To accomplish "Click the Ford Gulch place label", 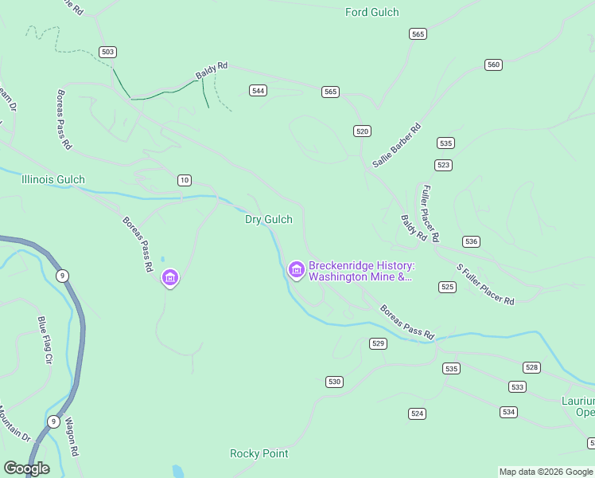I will pyautogui.click(x=371, y=12).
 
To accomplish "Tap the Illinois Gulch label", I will pyautogui.click(x=53, y=179).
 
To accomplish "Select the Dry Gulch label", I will pyautogui.click(x=268, y=219).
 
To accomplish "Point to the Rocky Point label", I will pyautogui.click(x=259, y=453).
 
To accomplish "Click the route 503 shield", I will pyautogui.click(x=108, y=52).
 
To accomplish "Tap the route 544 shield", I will pyautogui.click(x=258, y=90).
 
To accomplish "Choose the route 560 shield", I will pyautogui.click(x=493, y=65).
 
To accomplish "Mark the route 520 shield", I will pyautogui.click(x=363, y=131).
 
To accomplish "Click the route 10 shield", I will pyautogui.click(x=185, y=180).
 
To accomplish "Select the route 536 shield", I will pyautogui.click(x=471, y=241).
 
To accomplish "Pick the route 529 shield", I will pyautogui.click(x=378, y=343).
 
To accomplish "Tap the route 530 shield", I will pyautogui.click(x=334, y=382).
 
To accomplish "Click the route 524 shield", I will pyautogui.click(x=417, y=413).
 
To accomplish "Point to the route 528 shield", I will pyautogui.click(x=531, y=367).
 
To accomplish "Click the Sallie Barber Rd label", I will pyautogui.click(x=396, y=145).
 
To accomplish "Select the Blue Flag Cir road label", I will pyautogui.click(x=45, y=340).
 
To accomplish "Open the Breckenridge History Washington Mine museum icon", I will pyautogui.click(x=297, y=271).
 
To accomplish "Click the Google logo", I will pyautogui.click(x=26, y=468).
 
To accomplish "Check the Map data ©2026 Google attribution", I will pyautogui.click(x=546, y=472).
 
